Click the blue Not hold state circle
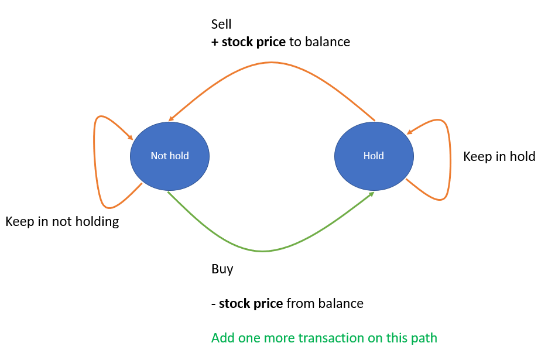pyautogui.click(x=170, y=156)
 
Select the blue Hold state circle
pyautogui.click(x=374, y=156)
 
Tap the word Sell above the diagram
pyautogui.click(x=221, y=25)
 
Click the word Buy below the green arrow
pyautogui.click(x=222, y=269)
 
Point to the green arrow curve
pyautogui.click(x=263, y=251)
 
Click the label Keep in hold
pyautogui.click(x=499, y=156)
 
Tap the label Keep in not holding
pyautogui.click(x=62, y=222)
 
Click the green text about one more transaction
pyautogui.click(x=324, y=338)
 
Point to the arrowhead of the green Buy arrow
pyautogui.click(x=371, y=194)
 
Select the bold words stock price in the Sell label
pyautogui.click(x=253, y=42)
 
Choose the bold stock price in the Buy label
pyautogui.click(x=251, y=304)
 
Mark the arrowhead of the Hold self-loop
pyautogui.click(x=410, y=132)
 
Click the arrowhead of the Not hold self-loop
pyautogui.click(x=131, y=138)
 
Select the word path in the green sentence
pyautogui.click(x=424, y=338)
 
